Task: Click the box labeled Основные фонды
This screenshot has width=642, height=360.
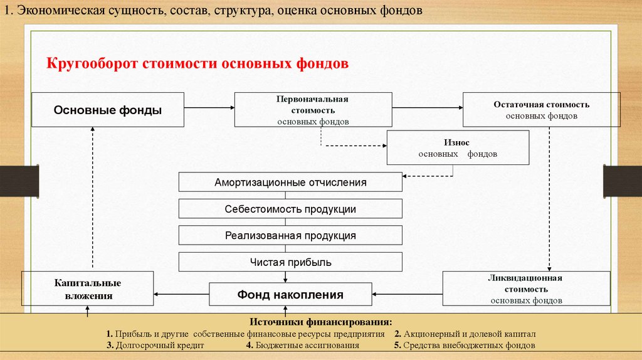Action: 108,110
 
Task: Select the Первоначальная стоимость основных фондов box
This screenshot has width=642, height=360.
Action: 313,110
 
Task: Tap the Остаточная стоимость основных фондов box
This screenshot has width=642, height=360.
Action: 541,110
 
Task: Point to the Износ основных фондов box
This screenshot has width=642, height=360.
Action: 457,148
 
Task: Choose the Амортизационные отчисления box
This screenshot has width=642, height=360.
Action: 290,183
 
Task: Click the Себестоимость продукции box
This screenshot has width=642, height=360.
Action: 290,209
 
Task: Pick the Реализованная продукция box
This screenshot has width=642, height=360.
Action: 290,236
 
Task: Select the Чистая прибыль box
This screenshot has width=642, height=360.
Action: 290,262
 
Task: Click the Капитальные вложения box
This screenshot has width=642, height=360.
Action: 87,289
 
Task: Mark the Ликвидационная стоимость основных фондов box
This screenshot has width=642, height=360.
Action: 526,289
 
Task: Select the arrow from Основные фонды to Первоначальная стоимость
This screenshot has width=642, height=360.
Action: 209,109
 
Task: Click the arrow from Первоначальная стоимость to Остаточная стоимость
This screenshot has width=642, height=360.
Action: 428,109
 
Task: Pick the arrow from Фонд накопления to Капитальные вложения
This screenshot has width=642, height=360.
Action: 181,294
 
